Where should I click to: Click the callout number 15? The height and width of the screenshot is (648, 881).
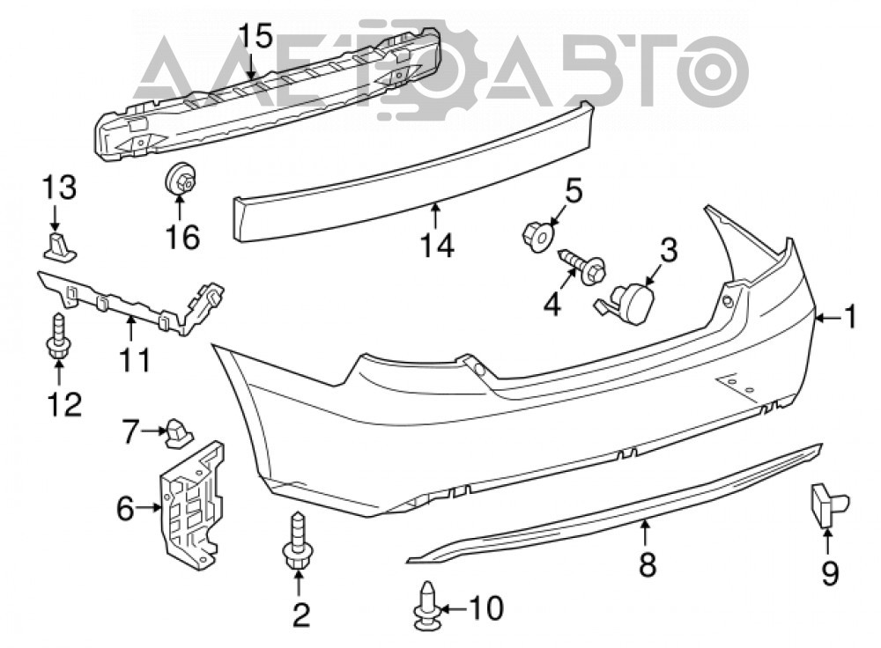(255, 36)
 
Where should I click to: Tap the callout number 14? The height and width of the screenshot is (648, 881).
(438, 245)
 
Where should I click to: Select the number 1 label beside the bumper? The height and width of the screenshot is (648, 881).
(851, 316)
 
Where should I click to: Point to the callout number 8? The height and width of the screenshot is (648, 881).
(648, 563)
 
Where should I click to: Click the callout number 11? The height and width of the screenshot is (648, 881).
(136, 359)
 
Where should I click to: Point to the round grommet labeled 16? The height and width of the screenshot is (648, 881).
(180, 178)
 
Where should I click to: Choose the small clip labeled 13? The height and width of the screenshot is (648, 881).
(60, 247)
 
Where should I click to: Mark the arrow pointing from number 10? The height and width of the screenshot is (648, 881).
(455, 607)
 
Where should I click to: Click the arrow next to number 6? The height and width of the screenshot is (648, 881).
(149, 508)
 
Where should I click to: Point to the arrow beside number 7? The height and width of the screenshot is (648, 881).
(152, 431)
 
